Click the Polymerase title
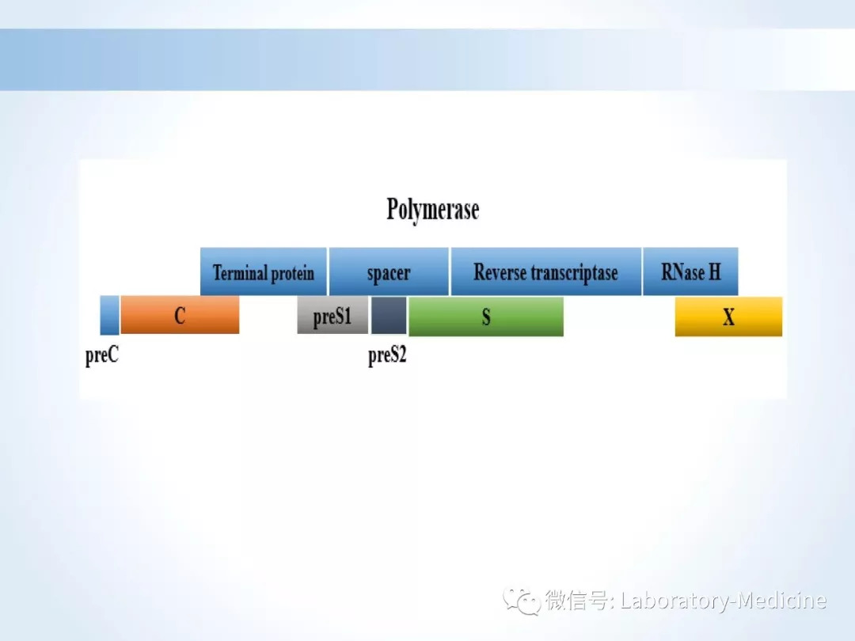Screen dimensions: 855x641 pyautogui.click(x=433, y=210)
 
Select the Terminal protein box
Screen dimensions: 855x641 pyautogui.click(x=264, y=271)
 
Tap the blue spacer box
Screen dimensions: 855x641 pyautogui.click(x=389, y=271)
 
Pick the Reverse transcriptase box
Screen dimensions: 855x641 pyautogui.click(x=545, y=271)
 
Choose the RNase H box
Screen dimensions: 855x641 pyautogui.click(x=690, y=271)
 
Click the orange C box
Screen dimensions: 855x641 pyautogui.click(x=180, y=315)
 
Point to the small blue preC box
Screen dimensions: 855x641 pyautogui.click(x=109, y=315)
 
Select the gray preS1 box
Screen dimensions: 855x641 pyautogui.click(x=332, y=315)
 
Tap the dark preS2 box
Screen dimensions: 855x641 pyautogui.click(x=389, y=315)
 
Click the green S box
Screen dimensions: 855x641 pyautogui.click(x=486, y=316)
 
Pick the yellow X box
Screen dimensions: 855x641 pyautogui.click(x=728, y=316)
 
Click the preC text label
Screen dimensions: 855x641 pyautogui.click(x=102, y=356)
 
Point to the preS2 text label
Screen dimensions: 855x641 pyautogui.click(x=387, y=356)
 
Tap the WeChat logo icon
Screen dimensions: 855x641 pyautogui.click(x=522, y=601)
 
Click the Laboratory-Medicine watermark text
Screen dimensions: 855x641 pyautogui.click(x=724, y=601)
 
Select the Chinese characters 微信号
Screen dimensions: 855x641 pyautogui.click(x=576, y=601)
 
